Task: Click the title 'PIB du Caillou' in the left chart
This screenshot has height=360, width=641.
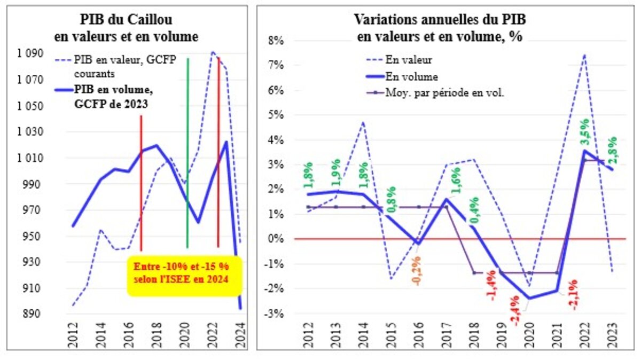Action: [x=126, y=20]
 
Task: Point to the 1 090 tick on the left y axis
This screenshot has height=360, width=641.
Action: [x=35, y=54]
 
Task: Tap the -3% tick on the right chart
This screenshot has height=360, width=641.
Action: [x=281, y=313]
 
